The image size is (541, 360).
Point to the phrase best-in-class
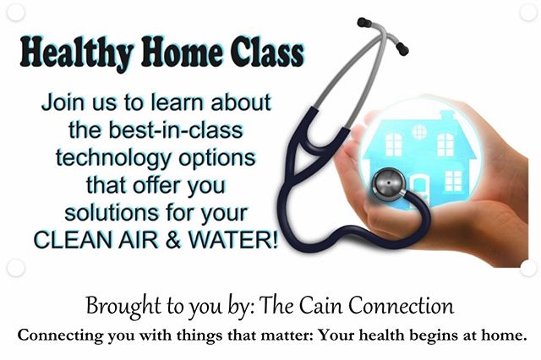176,130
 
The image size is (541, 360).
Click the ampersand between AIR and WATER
173,240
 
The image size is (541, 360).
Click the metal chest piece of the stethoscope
390,184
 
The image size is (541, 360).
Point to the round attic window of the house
419,132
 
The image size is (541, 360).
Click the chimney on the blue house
447,116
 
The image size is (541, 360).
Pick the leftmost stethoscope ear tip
364,23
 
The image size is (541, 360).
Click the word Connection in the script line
401,306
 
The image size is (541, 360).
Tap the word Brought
123,307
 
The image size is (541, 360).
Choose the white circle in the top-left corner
16,13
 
